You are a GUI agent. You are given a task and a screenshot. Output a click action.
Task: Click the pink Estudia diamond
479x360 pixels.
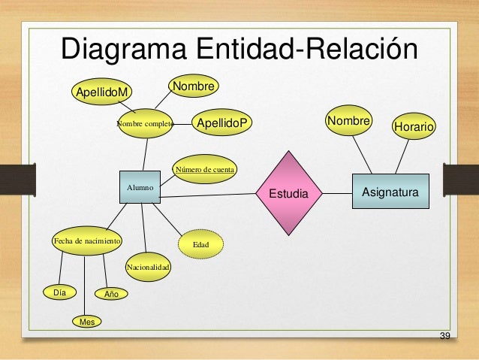[288, 194]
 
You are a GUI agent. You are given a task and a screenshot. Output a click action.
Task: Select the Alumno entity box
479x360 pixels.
[140, 186]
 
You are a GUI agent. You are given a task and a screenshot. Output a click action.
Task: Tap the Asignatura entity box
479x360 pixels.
[390, 193]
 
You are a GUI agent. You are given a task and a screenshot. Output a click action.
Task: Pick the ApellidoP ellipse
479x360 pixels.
[223, 122]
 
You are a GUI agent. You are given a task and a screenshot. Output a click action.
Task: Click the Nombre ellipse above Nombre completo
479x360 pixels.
[194, 87]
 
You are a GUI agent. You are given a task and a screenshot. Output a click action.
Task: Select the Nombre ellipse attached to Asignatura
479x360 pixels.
[349, 121]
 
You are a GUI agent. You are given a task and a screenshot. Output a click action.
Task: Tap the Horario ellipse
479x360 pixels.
[414, 128]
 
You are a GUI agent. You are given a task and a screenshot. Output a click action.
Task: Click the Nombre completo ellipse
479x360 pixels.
[145, 124]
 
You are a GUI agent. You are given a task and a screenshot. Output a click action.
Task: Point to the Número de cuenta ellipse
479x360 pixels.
[205, 170]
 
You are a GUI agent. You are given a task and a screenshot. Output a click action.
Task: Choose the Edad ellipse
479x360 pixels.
[201, 245]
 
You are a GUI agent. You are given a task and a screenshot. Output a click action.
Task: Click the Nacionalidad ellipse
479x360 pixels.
[148, 267]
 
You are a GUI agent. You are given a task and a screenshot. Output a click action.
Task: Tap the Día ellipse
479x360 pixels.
[54, 292]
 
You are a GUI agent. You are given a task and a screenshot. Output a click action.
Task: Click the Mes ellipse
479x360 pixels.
[87, 322]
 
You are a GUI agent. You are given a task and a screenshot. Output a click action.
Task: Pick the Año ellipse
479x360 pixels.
[111, 294]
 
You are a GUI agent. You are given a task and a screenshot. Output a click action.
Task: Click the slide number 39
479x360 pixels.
[444, 334]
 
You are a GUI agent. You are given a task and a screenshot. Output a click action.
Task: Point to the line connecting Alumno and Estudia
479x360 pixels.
[210, 195]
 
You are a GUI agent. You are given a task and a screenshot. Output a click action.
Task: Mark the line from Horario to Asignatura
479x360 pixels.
[402, 156]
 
